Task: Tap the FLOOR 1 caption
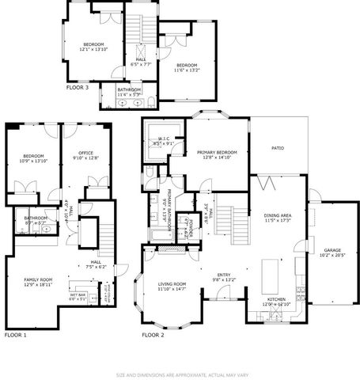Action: [x=15, y=336]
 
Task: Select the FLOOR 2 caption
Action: [x=153, y=336]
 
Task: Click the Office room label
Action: [x=85, y=155]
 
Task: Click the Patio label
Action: [x=278, y=148]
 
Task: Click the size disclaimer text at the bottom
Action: [x=180, y=373]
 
